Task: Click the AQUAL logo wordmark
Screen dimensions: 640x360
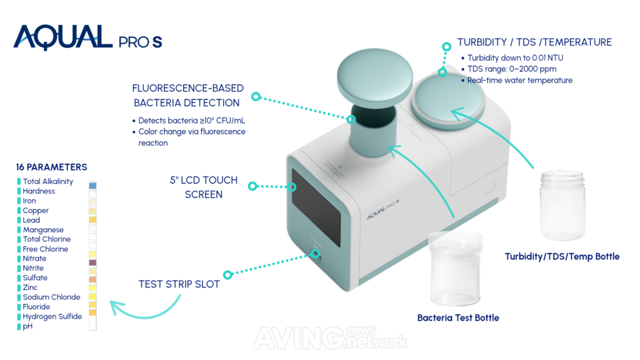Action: [63, 37]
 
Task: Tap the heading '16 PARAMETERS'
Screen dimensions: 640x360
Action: [51, 167]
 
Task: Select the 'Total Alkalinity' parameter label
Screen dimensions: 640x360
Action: [48, 181]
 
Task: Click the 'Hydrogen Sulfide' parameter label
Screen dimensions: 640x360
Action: [52, 316]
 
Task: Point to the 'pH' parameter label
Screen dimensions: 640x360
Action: [27, 326]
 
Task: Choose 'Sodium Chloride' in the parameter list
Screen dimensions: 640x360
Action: [51, 297]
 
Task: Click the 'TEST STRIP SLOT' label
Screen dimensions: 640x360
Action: [179, 284]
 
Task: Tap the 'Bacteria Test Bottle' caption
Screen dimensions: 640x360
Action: [458, 317]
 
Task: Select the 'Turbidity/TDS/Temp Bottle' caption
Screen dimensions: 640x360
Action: [562, 256]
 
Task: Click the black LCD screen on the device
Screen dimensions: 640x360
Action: [316, 207]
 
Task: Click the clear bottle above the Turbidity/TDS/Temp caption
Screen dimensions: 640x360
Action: [563, 205]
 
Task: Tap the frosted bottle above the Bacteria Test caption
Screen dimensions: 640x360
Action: [455, 269]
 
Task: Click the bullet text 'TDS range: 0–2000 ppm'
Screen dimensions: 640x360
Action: [512, 69]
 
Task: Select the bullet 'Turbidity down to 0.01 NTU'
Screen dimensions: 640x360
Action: [515, 58]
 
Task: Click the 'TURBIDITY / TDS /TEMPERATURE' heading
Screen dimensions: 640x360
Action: [534, 42]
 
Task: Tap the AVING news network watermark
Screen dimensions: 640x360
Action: [330, 337]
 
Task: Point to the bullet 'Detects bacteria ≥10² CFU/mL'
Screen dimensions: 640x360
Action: [191, 121]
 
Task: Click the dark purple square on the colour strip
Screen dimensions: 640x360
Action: [93, 263]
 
